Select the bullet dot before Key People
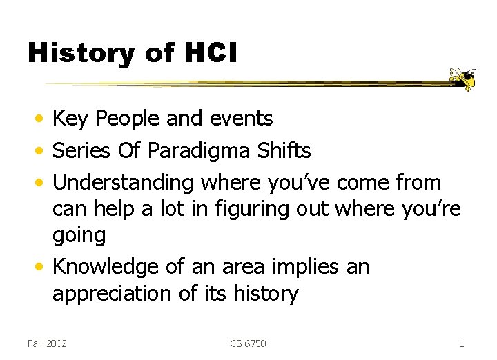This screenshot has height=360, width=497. pyautogui.click(x=41, y=119)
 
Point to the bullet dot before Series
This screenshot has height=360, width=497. pyautogui.click(x=41, y=151)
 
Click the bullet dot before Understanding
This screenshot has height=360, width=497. pyautogui.click(x=41, y=183)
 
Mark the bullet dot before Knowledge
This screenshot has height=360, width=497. pyautogui.click(x=41, y=267)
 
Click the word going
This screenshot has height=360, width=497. pyautogui.click(x=79, y=237)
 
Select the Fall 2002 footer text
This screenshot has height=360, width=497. pyautogui.click(x=47, y=343)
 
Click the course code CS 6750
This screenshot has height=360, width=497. pyautogui.click(x=248, y=343)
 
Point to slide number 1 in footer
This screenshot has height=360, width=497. pyautogui.click(x=461, y=343)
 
